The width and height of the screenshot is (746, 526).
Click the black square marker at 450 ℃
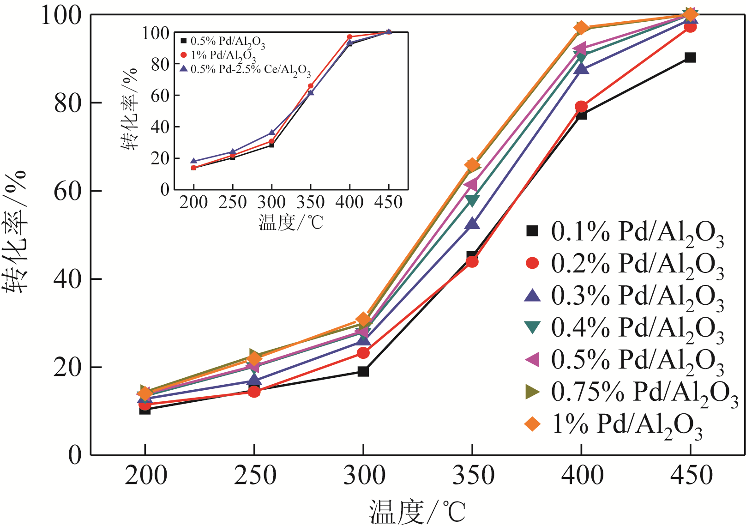(690, 58)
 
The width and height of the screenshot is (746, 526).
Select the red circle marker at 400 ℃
(581, 107)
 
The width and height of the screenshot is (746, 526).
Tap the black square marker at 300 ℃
(363, 371)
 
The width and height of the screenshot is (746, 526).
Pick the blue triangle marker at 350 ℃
(472, 224)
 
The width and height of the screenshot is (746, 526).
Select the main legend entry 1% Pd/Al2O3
(614, 424)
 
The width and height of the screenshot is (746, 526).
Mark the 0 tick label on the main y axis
(75, 455)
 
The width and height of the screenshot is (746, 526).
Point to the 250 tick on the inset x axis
(233, 202)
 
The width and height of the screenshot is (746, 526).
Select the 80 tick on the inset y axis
(160, 64)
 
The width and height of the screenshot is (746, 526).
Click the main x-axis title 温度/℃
(417, 512)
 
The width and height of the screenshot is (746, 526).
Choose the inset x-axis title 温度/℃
(291, 223)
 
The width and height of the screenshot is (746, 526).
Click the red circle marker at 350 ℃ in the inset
(311, 86)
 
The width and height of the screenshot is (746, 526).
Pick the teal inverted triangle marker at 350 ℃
(472, 200)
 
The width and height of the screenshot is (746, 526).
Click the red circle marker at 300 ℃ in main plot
(363, 353)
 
